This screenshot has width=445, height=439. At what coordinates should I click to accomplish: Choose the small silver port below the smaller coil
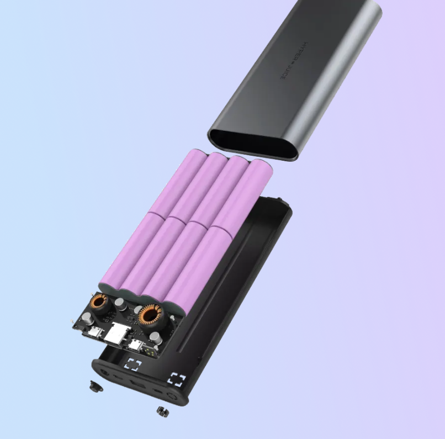94,332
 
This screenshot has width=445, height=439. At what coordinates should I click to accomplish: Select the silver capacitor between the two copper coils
119,304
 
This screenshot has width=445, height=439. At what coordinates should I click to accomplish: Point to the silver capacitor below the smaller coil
88,320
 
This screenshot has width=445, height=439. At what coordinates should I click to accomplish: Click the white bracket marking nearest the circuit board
133,365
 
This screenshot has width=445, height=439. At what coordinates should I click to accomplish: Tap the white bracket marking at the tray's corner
177,380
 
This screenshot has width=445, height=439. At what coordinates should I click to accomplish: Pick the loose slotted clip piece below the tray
162,411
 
